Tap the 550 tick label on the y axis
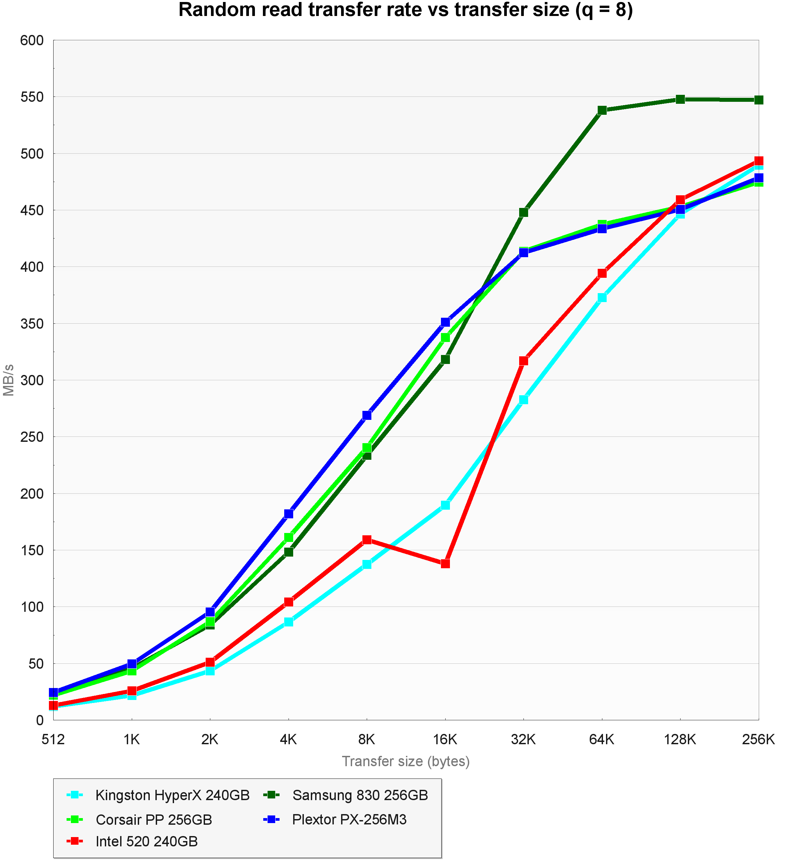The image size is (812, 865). pyautogui.click(x=32, y=97)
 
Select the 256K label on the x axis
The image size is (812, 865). pyautogui.click(x=758, y=739)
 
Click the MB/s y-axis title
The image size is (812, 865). pyautogui.click(x=9, y=380)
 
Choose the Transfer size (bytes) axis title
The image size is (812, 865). pyautogui.click(x=406, y=762)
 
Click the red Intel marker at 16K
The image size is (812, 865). pyautogui.click(x=445, y=564)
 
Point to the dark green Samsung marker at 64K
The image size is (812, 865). pyautogui.click(x=602, y=110)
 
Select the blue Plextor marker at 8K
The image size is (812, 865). pyautogui.click(x=367, y=415)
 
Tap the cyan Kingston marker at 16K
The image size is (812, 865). pyautogui.click(x=445, y=505)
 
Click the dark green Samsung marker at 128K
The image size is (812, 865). pyautogui.click(x=680, y=99)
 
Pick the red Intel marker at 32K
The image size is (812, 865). pyautogui.click(x=523, y=361)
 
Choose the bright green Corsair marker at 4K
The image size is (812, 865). pyautogui.click(x=289, y=537)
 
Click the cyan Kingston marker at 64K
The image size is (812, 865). pyautogui.click(x=602, y=298)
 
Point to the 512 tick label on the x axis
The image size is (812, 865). pyautogui.click(x=53, y=739)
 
